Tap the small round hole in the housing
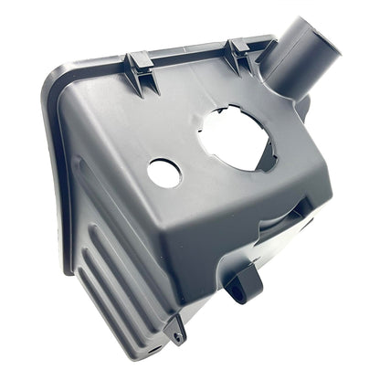point(164,173)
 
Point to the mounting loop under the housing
point(244,282)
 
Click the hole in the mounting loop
point(240,290)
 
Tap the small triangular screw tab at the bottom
point(175,329)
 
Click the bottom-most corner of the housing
point(164,352)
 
